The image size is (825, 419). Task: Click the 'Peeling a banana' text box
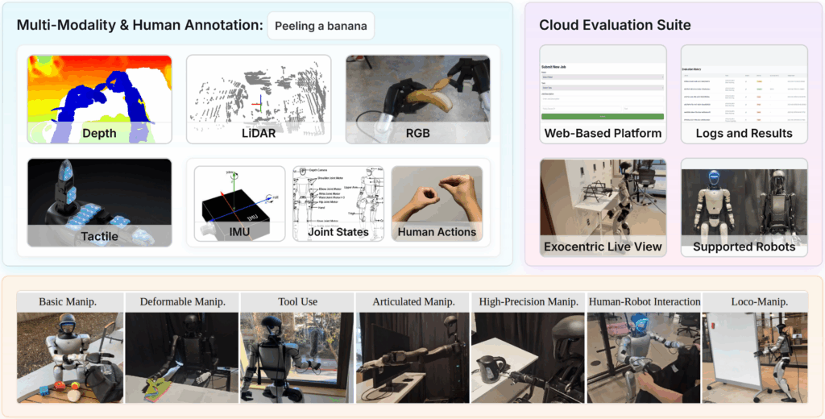point(321,26)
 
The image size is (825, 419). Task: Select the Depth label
point(99,133)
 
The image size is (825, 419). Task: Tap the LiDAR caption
point(258,133)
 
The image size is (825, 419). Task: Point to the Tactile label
point(99,236)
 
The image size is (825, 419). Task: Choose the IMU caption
point(239,232)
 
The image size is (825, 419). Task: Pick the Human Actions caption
point(437,232)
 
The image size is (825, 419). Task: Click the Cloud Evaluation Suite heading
point(615,25)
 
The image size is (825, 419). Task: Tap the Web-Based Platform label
point(603,133)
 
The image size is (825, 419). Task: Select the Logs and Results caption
point(744,133)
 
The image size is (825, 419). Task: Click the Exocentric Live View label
point(603,247)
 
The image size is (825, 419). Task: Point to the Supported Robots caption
point(744,247)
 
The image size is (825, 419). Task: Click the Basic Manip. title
point(70,301)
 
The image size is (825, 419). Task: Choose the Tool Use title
point(297,301)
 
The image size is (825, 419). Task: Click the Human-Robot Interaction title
point(644,301)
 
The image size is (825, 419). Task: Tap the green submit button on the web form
point(603,117)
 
